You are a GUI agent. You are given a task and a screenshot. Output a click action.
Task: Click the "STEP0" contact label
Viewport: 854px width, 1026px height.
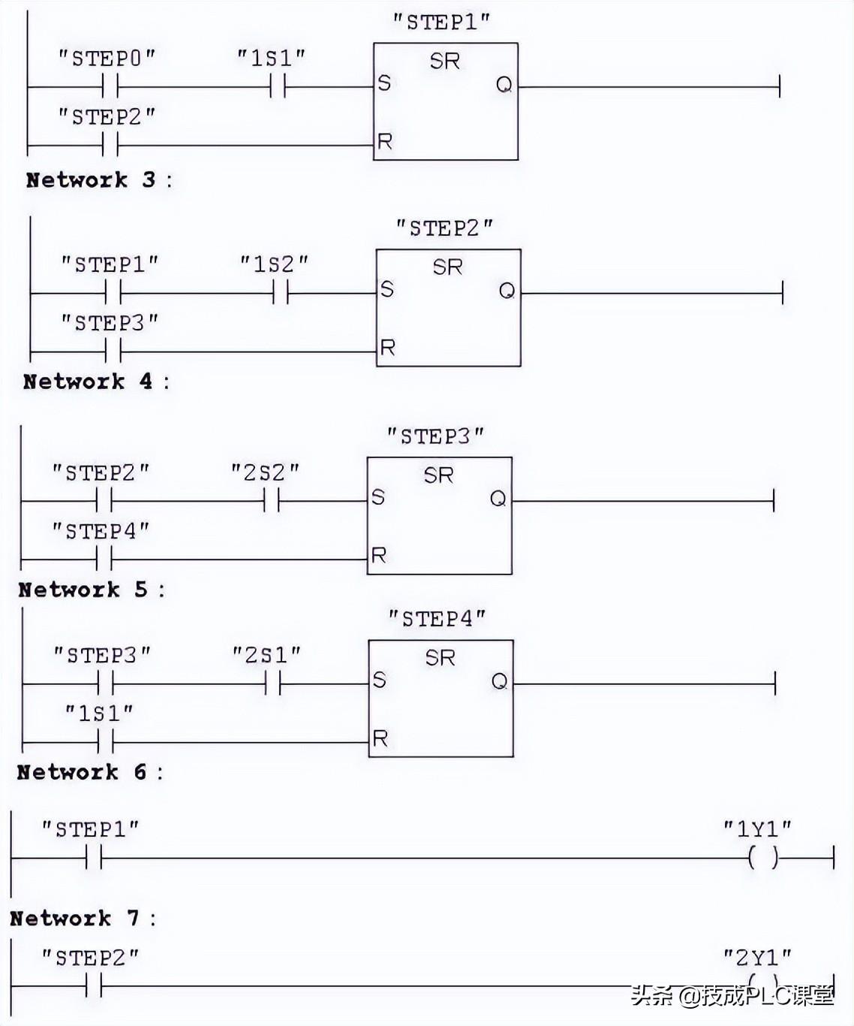pos(107,58)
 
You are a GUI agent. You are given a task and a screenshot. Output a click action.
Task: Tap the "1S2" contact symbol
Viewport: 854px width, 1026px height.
pos(280,293)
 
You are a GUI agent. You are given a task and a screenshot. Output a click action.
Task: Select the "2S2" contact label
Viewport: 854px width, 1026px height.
pos(265,472)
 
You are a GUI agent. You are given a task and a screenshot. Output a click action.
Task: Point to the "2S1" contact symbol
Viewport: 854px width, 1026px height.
pos(272,683)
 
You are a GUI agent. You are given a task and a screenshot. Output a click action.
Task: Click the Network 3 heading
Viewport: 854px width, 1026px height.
pos(98,180)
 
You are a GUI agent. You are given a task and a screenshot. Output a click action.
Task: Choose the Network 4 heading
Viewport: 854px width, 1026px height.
pos(95,382)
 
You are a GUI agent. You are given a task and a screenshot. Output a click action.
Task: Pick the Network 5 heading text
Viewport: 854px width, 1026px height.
pos(91,590)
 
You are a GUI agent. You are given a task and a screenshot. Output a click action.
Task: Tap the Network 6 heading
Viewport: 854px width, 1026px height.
pos(89,772)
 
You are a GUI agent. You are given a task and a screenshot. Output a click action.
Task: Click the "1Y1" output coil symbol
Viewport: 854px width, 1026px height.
pos(762,857)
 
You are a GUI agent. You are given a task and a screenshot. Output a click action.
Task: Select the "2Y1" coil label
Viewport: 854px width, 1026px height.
pos(757,957)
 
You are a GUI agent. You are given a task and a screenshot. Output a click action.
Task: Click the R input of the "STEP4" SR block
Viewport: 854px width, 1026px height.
pos(380,739)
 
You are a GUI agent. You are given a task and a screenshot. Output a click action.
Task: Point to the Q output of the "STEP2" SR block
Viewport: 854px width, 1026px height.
pos(507,291)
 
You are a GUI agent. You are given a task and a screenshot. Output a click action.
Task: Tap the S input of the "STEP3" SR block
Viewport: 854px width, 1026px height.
pos(377,497)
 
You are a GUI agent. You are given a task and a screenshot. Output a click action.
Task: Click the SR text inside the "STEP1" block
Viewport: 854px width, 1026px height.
pos(444,61)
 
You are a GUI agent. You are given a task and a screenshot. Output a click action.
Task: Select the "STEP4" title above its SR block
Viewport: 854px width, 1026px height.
pos(437,619)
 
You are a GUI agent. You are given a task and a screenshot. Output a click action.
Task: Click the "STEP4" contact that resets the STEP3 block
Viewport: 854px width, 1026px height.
pos(104,559)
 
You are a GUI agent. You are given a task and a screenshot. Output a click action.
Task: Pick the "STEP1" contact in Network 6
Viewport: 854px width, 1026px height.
pos(94,857)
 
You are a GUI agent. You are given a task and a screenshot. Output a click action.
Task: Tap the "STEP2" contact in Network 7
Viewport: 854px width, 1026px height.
pos(94,985)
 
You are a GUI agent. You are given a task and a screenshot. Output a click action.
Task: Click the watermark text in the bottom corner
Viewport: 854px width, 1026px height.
pos(732,996)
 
